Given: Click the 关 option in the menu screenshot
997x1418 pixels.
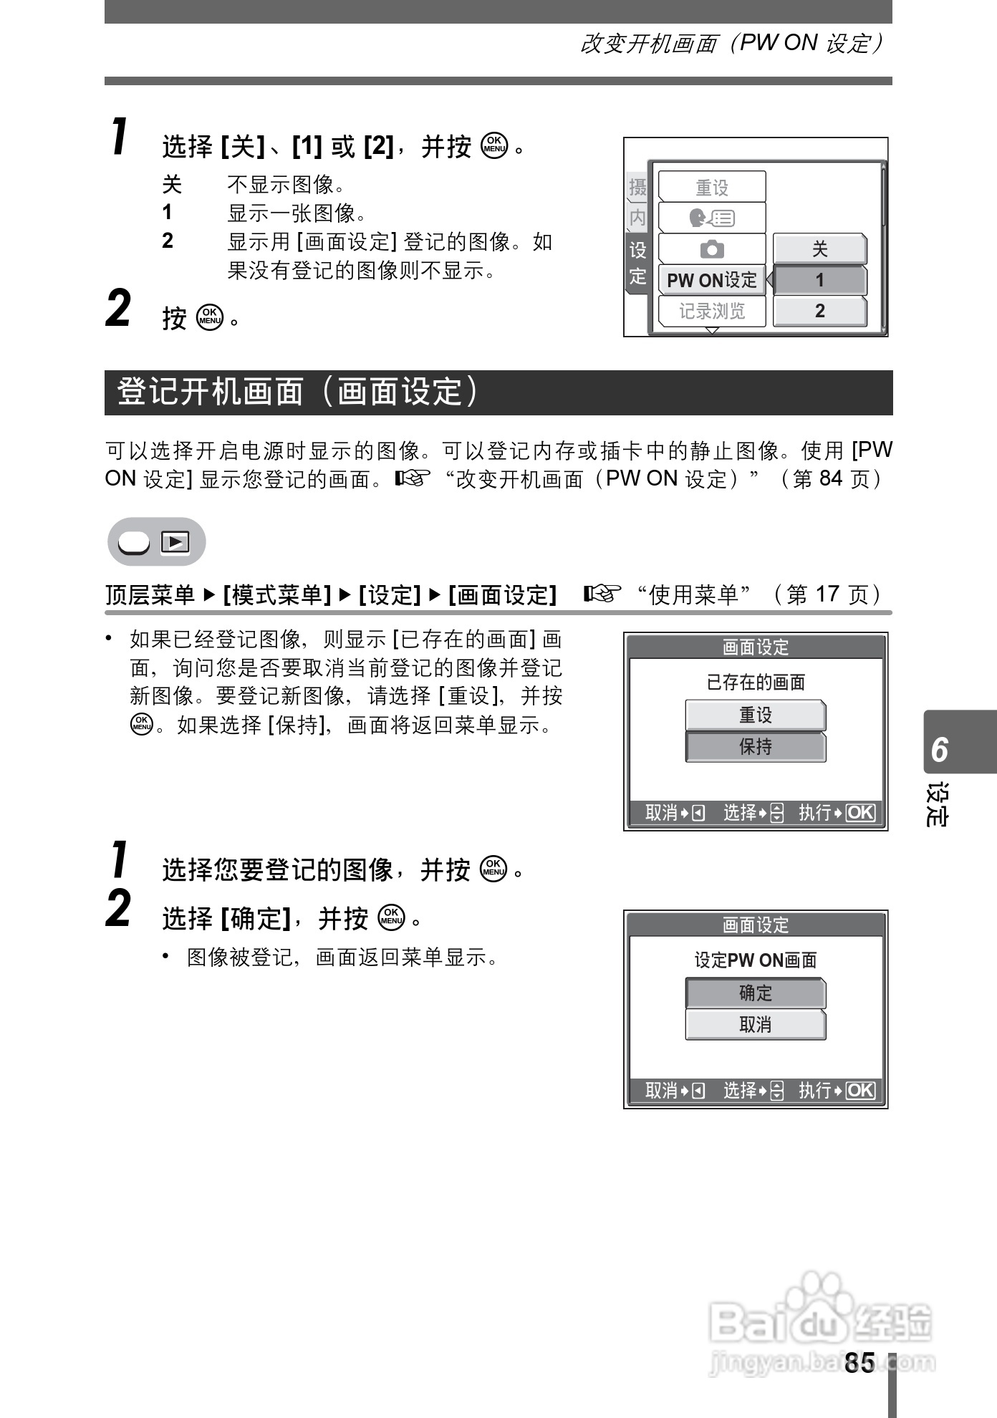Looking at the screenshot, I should [x=819, y=249].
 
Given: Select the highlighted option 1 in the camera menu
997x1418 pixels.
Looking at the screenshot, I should [x=819, y=280].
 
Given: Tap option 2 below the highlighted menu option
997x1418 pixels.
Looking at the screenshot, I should [x=819, y=311].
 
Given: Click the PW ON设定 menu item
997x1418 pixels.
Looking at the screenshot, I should [x=711, y=280].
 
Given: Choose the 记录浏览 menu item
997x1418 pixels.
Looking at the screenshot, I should [x=711, y=311].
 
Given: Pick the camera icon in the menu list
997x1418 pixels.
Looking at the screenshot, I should [x=711, y=249].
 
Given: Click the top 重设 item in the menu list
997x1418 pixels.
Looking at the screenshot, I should [x=711, y=188].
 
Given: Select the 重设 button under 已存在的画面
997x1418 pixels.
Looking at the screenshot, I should [x=755, y=715].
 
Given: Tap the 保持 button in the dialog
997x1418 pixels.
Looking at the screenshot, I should [x=755, y=747].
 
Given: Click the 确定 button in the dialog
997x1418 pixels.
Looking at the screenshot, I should [x=755, y=993].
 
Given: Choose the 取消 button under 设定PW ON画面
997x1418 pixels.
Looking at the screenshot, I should [x=755, y=1025].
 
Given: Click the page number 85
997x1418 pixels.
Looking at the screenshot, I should [x=859, y=1363].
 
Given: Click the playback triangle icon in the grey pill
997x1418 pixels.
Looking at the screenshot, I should [x=175, y=542].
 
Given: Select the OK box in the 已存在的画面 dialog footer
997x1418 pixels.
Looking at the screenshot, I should [x=860, y=813].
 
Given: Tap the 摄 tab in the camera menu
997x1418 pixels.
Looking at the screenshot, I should [x=637, y=188].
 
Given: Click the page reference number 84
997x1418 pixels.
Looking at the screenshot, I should [x=830, y=478].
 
